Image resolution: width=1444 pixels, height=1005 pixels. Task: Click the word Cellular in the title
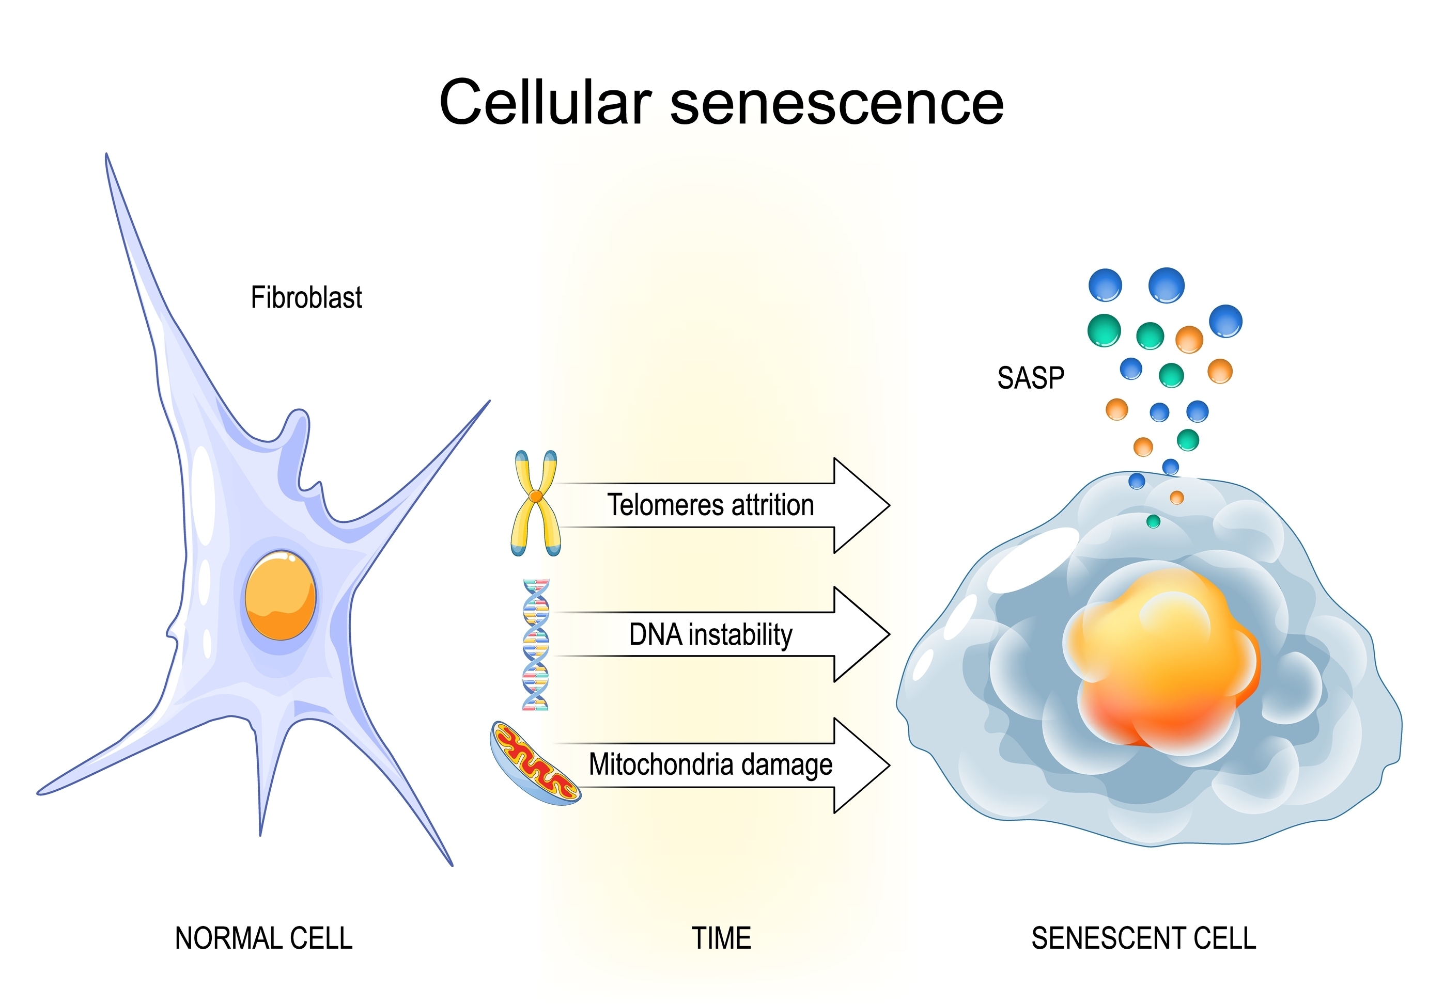545,102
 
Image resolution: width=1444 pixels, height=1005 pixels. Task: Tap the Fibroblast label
306,297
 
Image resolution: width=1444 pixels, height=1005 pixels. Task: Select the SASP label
1030,378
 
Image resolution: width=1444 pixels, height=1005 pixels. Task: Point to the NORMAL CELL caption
263,938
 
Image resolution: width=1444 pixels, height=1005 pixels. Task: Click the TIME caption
721,938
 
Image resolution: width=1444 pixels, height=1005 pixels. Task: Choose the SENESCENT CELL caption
1143,938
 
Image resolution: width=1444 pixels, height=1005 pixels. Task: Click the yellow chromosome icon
535,503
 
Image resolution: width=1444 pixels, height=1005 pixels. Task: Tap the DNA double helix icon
535,645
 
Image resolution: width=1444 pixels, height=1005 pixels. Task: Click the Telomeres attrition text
710,505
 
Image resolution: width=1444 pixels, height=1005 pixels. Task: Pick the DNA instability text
710,635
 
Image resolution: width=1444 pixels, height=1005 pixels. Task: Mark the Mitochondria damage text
710,765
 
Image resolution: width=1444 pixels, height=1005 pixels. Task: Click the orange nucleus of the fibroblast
281,595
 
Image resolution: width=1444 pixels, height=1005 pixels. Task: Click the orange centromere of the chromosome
536,497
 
